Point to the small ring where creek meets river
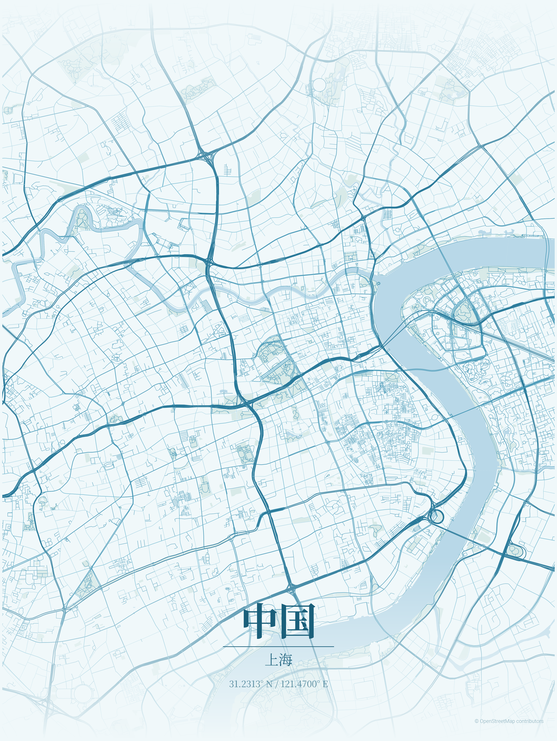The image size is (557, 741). [x=379, y=283]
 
